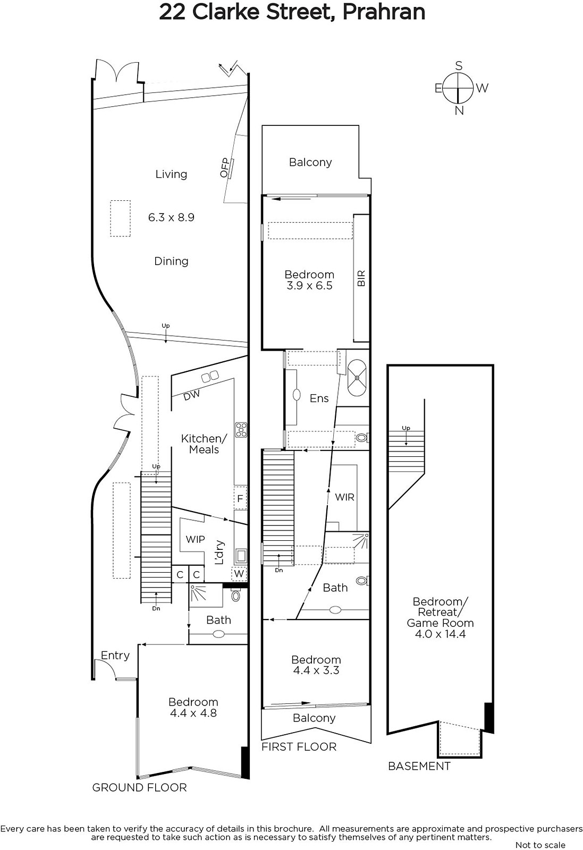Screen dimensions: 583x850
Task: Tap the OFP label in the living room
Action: pyautogui.click(x=225, y=168)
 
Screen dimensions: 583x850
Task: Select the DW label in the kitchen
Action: pyautogui.click(x=192, y=395)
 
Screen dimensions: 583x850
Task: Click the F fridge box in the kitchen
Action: pyautogui.click(x=240, y=498)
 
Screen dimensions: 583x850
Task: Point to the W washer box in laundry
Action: pyautogui.click(x=239, y=573)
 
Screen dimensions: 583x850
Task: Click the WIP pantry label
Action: pyautogui.click(x=195, y=539)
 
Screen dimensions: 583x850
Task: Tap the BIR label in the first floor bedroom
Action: pyautogui.click(x=361, y=278)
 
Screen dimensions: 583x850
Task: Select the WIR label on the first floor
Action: pyautogui.click(x=344, y=497)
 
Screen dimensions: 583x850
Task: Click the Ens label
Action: pyautogui.click(x=319, y=398)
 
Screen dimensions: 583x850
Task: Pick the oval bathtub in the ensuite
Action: pyautogui.click(x=357, y=378)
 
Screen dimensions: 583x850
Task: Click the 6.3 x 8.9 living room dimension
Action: pyautogui.click(x=171, y=217)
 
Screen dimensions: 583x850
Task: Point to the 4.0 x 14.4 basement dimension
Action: pyautogui.click(x=440, y=634)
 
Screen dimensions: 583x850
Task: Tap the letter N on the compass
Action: pyautogui.click(x=459, y=110)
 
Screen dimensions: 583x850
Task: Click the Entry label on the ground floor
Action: pyautogui.click(x=115, y=656)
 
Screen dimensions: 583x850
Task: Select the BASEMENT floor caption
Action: pyautogui.click(x=419, y=766)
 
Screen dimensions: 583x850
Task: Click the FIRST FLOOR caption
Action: pyautogui.click(x=299, y=747)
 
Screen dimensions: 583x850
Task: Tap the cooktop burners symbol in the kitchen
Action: pyautogui.click(x=241, y=430)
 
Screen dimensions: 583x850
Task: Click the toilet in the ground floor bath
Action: pyautogui.click(x=236, y=595)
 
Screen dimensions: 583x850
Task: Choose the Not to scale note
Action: pyautogui.click(x=540, y=845)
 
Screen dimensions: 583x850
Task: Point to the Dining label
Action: pyautogui.click(x=171, y=261)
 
